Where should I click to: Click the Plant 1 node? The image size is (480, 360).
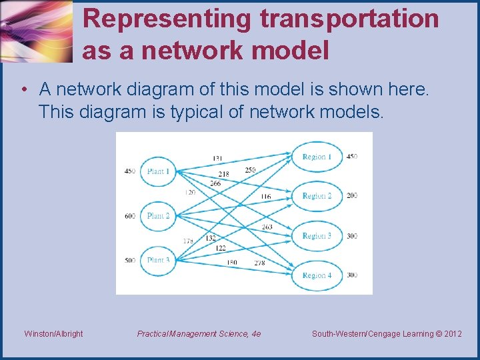click(158, 171)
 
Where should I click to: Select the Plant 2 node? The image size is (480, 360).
click(158, 216)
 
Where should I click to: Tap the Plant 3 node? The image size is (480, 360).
click(158, 260)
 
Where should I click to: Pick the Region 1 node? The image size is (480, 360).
click(317, 157)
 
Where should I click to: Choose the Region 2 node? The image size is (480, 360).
click(317, 196)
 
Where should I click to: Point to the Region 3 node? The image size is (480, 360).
click(317, 236)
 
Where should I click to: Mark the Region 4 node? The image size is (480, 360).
click(317, 275)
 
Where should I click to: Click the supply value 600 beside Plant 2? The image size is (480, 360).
click(129, 216)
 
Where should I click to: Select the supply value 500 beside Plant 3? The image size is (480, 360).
click(129, 260)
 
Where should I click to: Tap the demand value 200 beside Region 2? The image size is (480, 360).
click(351, 196)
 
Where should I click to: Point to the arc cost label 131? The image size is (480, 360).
click(217, 158)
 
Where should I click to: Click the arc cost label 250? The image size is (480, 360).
click(250, 170)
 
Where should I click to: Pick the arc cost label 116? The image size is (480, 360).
click(265, 197)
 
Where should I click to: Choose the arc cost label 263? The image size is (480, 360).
click(267, 227)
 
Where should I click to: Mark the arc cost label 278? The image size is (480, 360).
click(259, 263)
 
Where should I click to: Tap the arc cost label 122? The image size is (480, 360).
click(220, 248)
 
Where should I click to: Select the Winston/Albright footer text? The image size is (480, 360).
click(53, 334)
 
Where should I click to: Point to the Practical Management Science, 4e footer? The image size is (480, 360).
click(199, 334)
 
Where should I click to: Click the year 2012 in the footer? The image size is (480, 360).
click(451, 334)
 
